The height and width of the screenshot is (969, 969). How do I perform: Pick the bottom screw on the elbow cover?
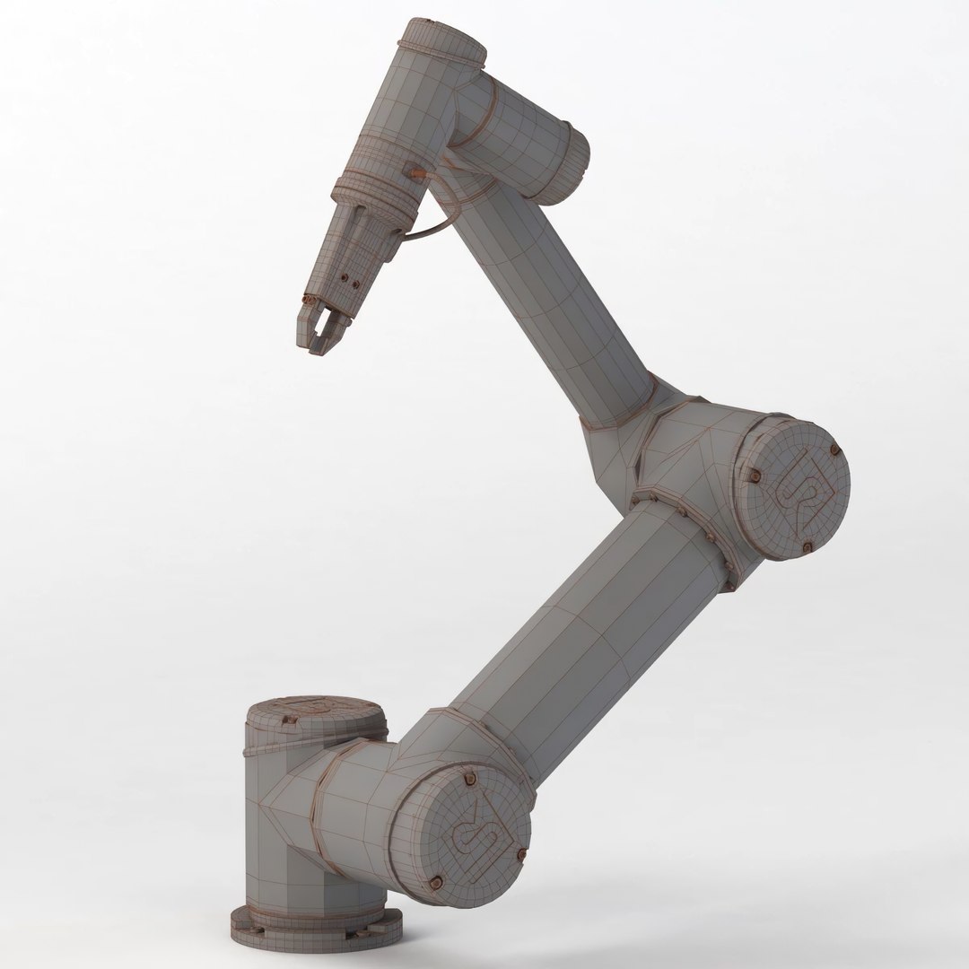[807, 546]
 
